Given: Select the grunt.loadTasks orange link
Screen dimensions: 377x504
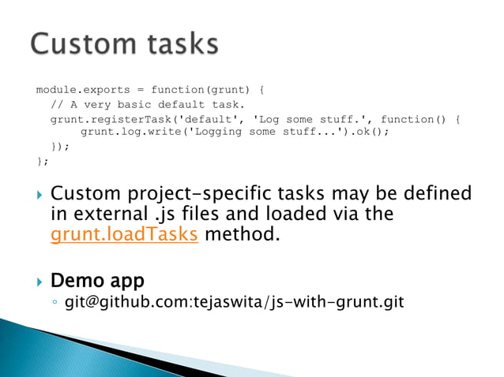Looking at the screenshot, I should point(123,234).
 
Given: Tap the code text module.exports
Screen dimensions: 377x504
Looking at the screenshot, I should point(77,89).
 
